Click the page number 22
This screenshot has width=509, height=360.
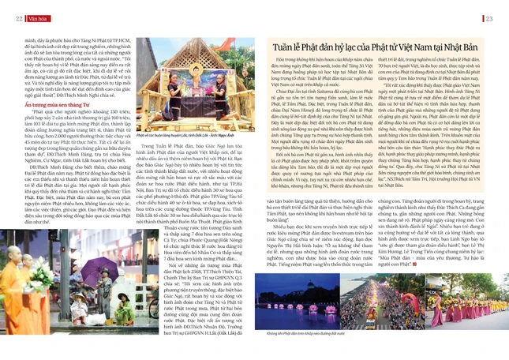[17, 18]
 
